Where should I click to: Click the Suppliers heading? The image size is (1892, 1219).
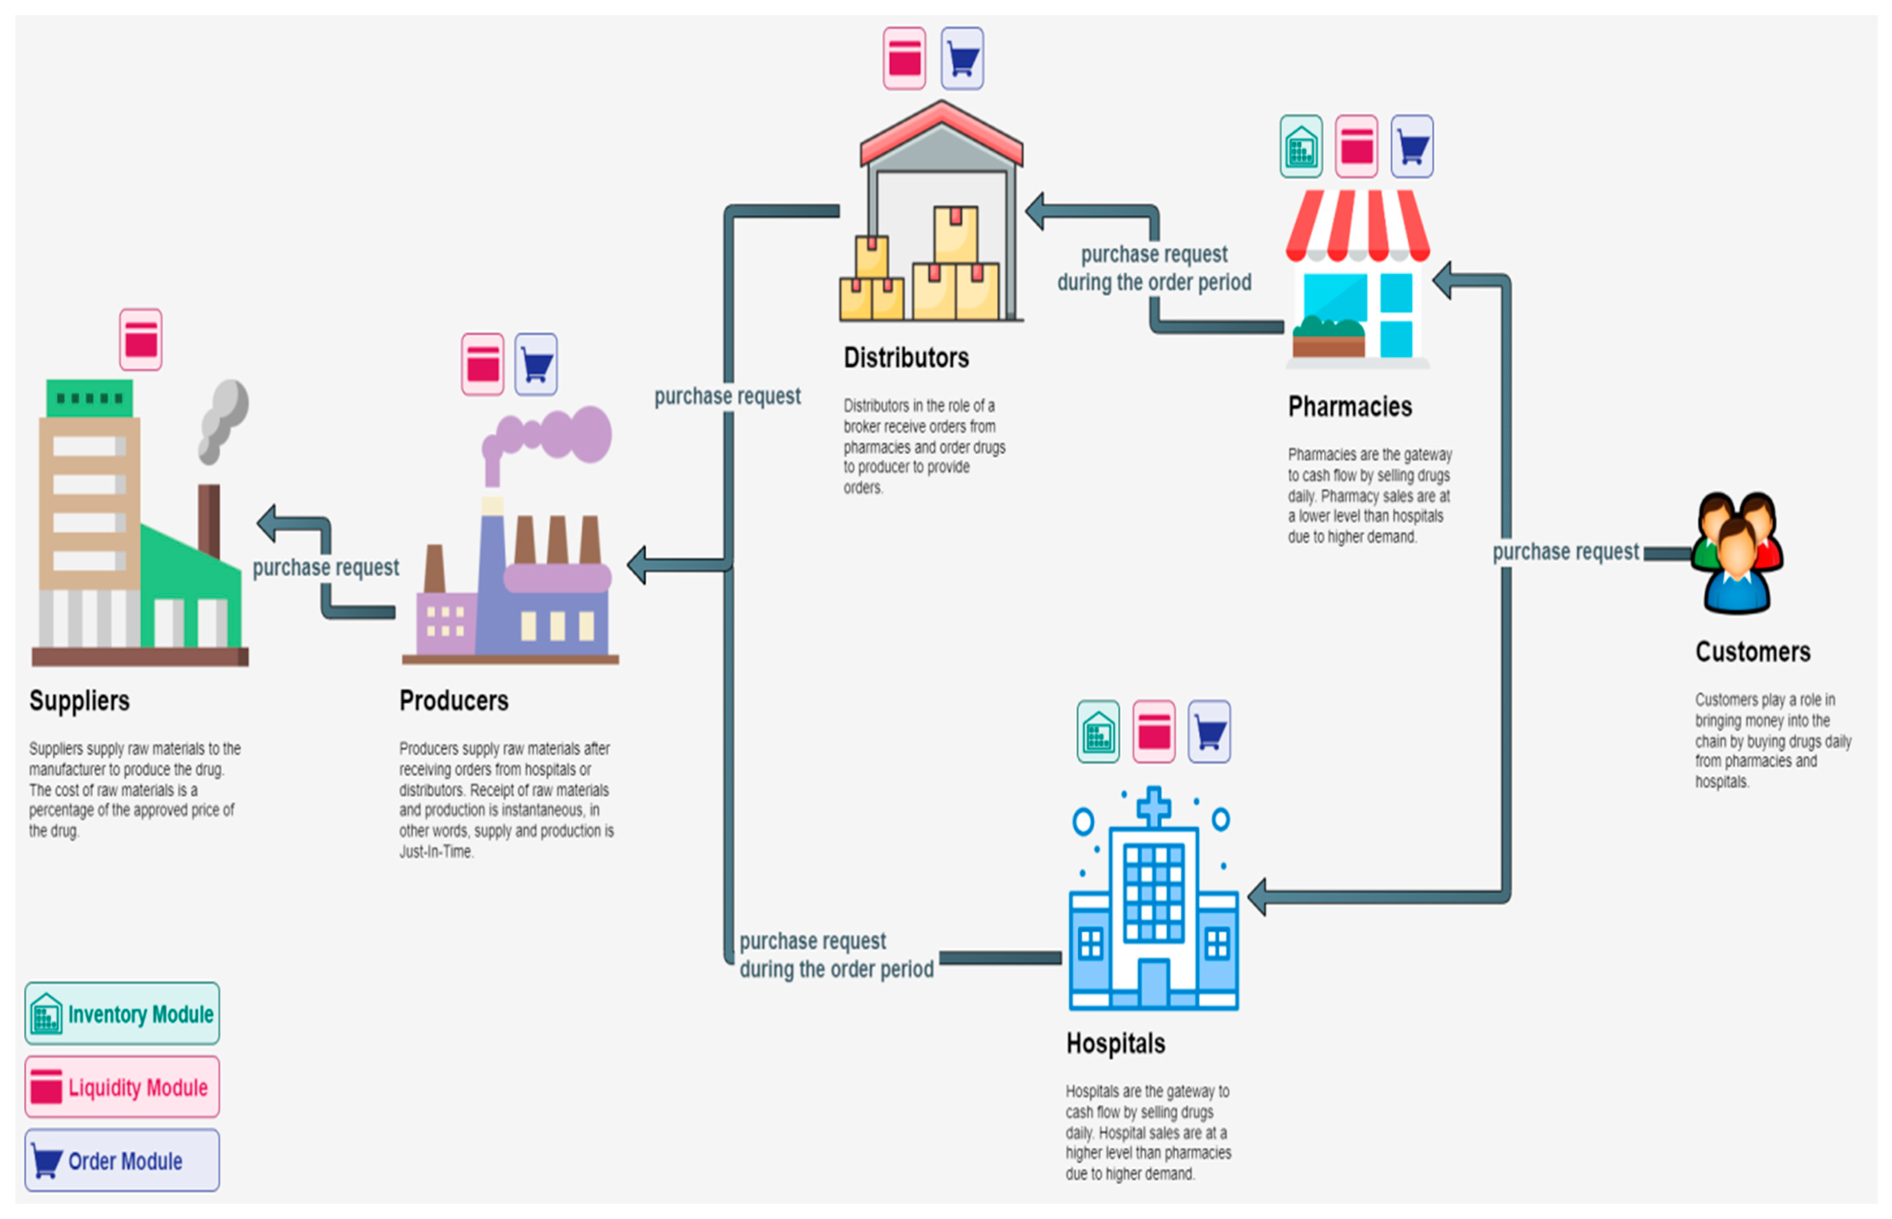coord(79,701)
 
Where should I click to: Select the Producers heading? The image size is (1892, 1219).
coord(453,701)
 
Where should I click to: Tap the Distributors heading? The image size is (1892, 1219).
coord(905,358)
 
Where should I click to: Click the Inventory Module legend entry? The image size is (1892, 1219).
coord(122,1014)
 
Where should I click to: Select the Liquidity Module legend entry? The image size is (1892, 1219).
coord(122,1087)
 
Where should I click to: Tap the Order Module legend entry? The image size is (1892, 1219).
coord(122,1160)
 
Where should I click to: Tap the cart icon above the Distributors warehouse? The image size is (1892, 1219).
coord(962,59)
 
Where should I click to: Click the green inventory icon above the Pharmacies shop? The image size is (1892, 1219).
coord(1301,146)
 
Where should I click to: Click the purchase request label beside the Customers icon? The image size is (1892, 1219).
coord(1565,552)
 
